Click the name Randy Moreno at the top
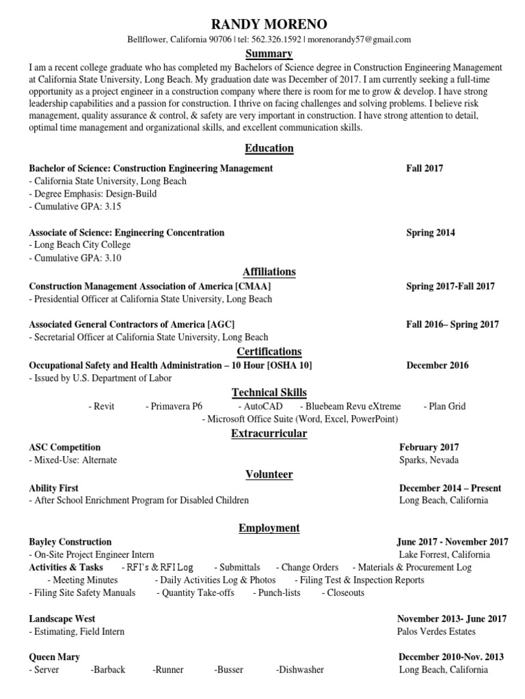tap(269, 24)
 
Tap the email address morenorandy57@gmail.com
tap(359, 40)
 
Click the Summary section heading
tap(269, 53)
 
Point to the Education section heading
tap(269, 148)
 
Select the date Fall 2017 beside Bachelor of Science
tap(425, 168)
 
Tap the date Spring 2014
tap(431, 232)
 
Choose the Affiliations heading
tap(269, 271)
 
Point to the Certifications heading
tap(269, 351)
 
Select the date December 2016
tap(437, 365)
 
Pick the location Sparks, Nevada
tap(429, 459)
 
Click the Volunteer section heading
tap(269, 474)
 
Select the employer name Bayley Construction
tap(70, 541)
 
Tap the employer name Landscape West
tap(62, 618)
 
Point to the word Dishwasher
tap(301, 670)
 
